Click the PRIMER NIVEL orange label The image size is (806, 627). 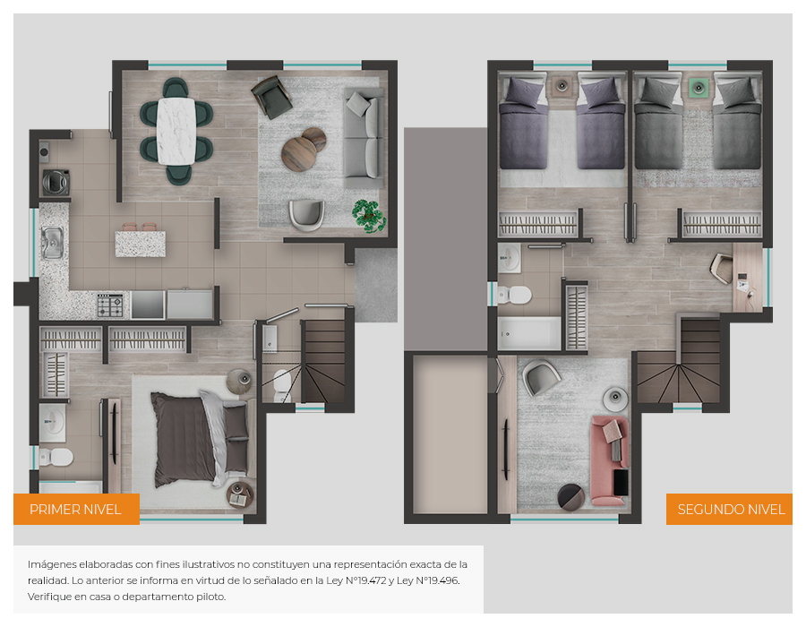click(x=76, y=509)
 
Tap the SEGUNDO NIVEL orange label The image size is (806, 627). click(x=729, y=509)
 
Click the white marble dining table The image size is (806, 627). click(x=176, y=131)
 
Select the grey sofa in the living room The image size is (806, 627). click(x=364, y=138)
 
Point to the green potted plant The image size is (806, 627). click(x=369, y=216)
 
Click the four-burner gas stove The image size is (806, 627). click(x=110, y=305)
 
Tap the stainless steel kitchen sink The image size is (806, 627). click(x=53, y=243)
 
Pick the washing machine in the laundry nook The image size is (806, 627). click(x=56, y=183)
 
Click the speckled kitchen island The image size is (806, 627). click(x=141, y=244)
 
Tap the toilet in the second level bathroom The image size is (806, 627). click(x=514, y=295)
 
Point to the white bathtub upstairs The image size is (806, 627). click(x=529, y=333)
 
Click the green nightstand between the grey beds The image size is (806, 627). click(x=698, y=88)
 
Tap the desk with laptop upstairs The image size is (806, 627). click(x=748, y=278)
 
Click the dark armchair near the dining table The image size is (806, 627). click(x=271, y=97)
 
